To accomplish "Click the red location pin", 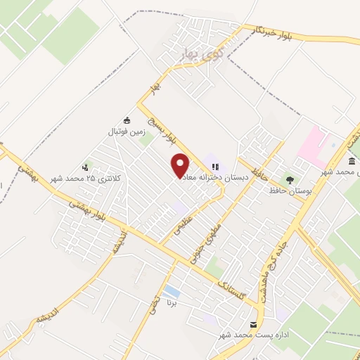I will coord(181,165).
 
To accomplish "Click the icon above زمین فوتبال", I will coord(126,120).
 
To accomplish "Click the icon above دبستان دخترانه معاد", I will coord(215,167).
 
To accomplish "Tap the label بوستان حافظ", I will coord(290,191).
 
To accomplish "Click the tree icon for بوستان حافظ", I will coord(290,179).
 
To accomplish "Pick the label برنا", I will coord(170,304).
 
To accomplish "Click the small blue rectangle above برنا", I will coord(170,291).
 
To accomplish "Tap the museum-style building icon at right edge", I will coord(351,161).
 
